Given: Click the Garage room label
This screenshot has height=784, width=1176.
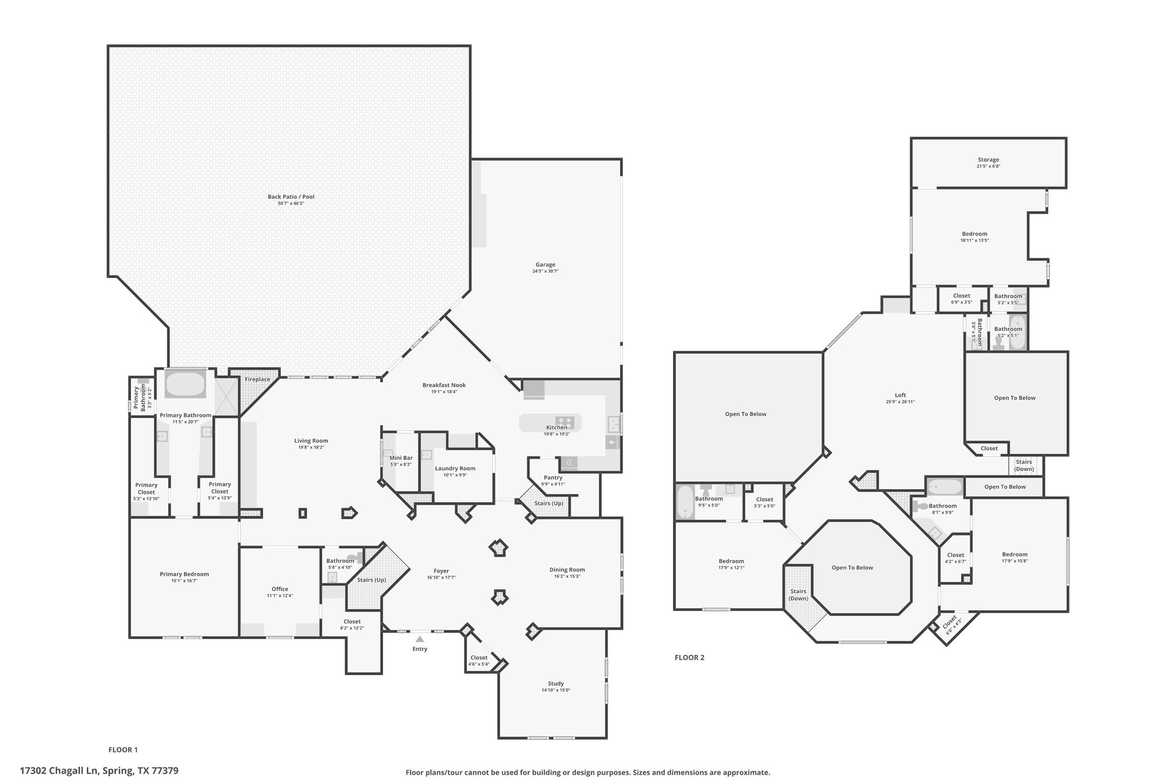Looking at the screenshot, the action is [546, 265].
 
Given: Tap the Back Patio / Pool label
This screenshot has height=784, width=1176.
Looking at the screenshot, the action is [291, 197].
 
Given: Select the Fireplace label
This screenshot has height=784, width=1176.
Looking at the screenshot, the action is [257, 379].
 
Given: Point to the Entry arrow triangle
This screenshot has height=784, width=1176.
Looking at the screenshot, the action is [420, 639].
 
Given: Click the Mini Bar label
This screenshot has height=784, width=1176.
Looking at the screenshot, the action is [401, 458].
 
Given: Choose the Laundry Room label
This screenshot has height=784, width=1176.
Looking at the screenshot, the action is [455, 469].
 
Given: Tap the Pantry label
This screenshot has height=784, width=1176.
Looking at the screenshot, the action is [553, 478].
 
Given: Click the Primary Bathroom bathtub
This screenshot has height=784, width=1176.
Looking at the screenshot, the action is [185, 384].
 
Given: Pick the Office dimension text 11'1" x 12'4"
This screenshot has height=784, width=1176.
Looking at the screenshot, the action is [280, 596].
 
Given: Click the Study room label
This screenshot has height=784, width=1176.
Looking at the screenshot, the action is [556, 683].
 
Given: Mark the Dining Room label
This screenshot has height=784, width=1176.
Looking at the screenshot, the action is [567, 570].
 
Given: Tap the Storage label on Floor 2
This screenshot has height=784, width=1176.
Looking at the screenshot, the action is [989, 160].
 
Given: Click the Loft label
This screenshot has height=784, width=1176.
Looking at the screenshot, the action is [900, 395].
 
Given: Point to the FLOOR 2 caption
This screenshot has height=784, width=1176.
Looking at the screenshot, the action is [690, 658].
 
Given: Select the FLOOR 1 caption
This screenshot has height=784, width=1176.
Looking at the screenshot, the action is [123, 750].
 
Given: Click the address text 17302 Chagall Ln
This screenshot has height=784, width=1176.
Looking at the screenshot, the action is [60, 770].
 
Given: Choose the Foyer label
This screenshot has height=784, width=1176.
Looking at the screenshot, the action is [442, 571].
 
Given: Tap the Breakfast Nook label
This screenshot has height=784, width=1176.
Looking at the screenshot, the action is [444, 385].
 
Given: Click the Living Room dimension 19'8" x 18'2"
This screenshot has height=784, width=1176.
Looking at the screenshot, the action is [312, 447].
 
